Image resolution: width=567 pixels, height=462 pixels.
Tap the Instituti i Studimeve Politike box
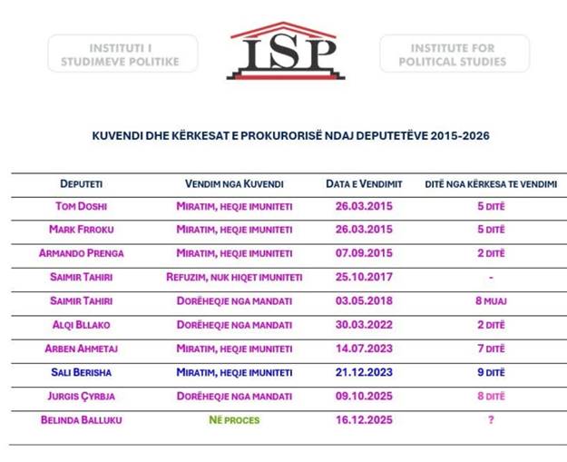pyautogui.click(x=122, y=54)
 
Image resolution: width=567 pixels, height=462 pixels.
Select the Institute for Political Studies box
pyautogui.click(x=454, y=54)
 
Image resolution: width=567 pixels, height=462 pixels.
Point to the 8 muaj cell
pyautogui.click(x=490, y=300)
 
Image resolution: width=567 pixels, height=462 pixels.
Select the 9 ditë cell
pyautogui.click(x=490, y=371)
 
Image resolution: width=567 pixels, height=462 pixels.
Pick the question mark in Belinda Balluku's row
pyautogui.click(x=491, y=419)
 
